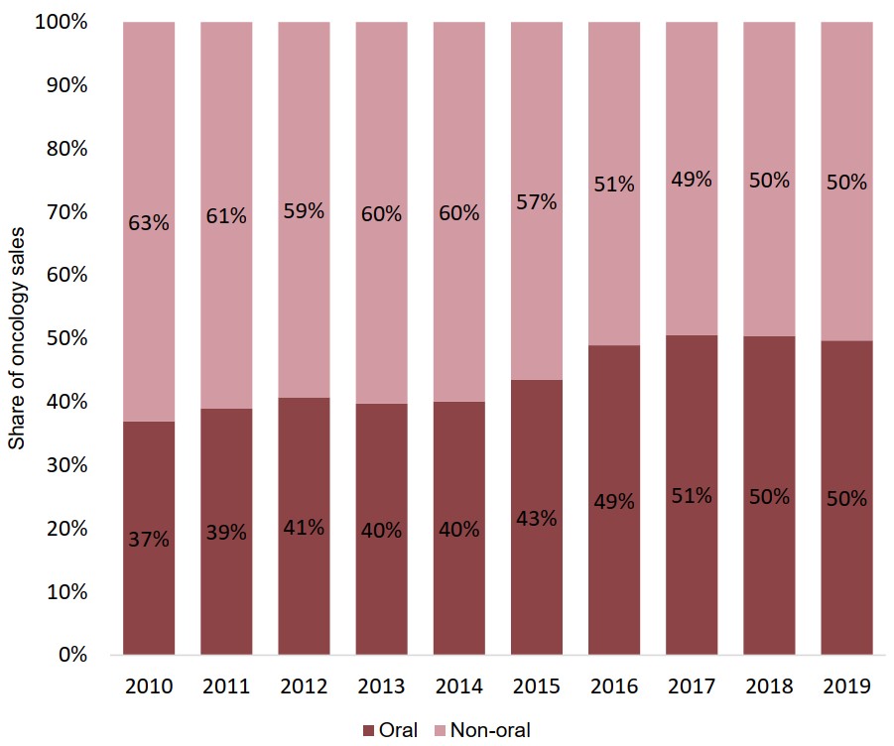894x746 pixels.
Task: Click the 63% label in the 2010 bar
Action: pyautogui.click(x=149, y=223)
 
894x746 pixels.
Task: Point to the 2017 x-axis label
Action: pyautogui.click(x=691, y=686)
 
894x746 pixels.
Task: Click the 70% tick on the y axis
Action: pyautogui.click(x=64, y=212)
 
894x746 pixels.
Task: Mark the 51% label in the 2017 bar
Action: pyautogui.click(x=692, y=496)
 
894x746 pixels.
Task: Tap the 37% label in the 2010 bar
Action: pyautogui.click(x=149, y=541)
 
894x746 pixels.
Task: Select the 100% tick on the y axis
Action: pyautogui.click(x=61, y=22)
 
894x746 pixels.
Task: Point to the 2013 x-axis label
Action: pyautogui.click(x=381, y=686)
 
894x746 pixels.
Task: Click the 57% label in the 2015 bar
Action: pyautogui.click(x=537, y=202)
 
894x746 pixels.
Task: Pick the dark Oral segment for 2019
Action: pyautogui.click(x=846, y=575)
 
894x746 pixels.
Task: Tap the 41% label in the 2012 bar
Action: pyautogui.click(x=304, y=528)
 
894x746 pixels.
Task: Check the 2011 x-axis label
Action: pyautogui.click(x=226, y=686)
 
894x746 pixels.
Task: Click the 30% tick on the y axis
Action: pyautogui.click(x=64, y=465)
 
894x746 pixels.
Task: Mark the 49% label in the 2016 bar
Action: pyautogui.click(x=614, y=502)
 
